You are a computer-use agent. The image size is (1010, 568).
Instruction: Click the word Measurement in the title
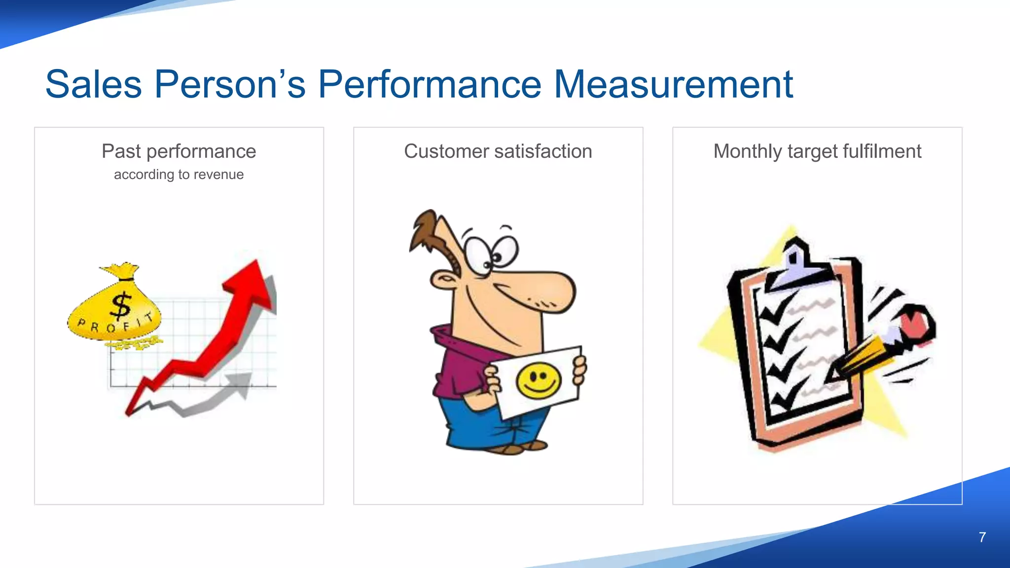pos(673,84)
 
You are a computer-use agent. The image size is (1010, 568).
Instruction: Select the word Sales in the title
pos(94,84)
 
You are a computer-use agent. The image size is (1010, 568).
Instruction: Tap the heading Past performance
pos(179,151)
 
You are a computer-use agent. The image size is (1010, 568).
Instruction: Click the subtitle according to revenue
pos(179,175)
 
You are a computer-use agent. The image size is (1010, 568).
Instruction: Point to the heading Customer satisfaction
pos(498,151)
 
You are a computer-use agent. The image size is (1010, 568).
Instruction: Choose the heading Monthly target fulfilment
pos(817,151)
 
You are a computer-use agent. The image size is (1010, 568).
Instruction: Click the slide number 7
pos(982,537)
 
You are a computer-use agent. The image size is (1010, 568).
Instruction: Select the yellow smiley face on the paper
pos(539,381)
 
